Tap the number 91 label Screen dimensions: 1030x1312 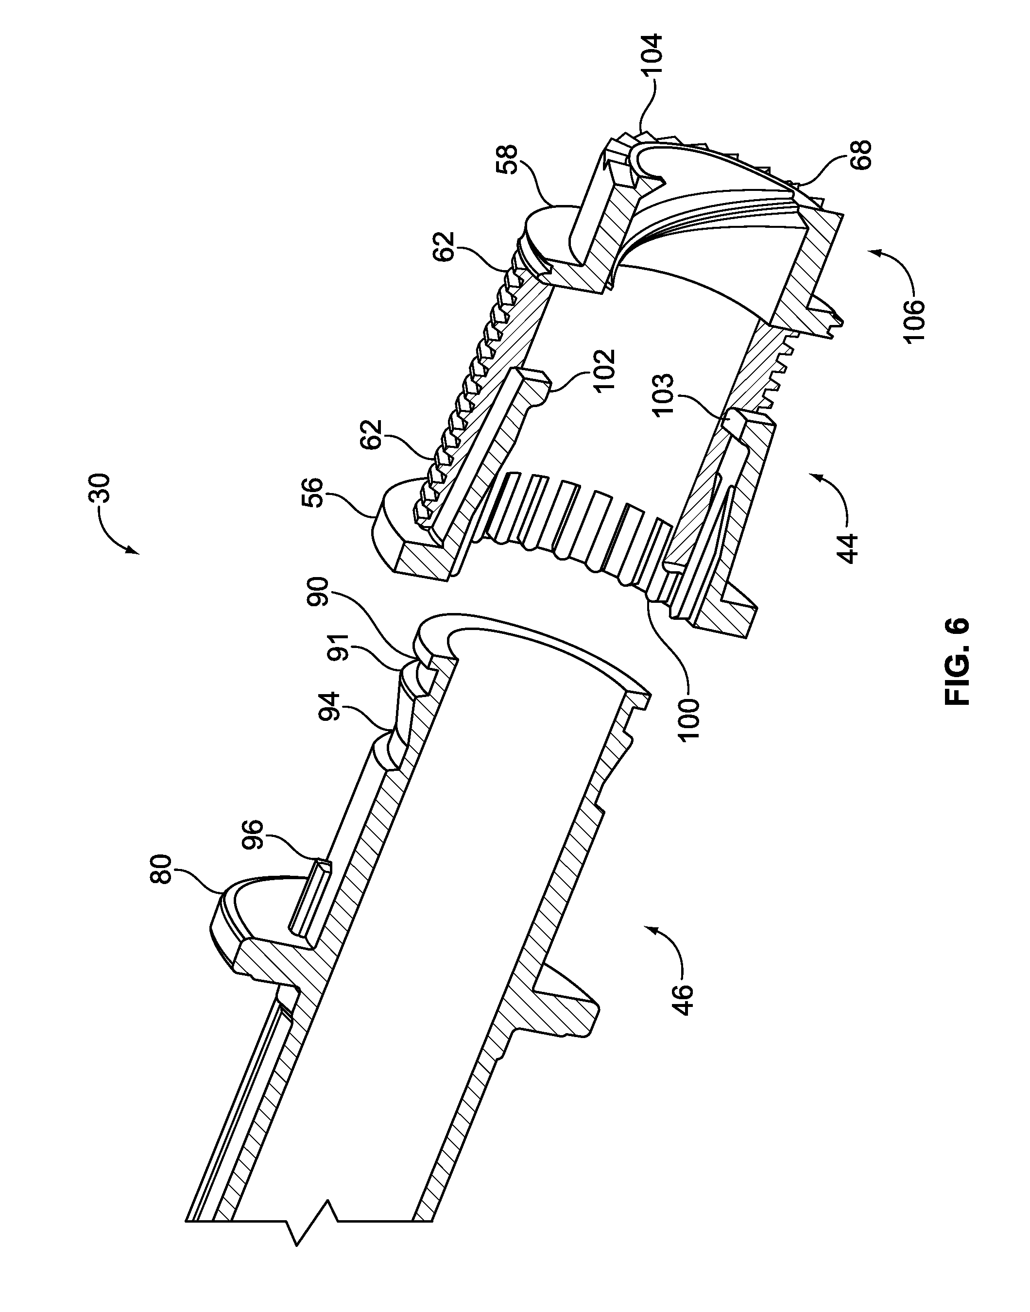tap(345, 649)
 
